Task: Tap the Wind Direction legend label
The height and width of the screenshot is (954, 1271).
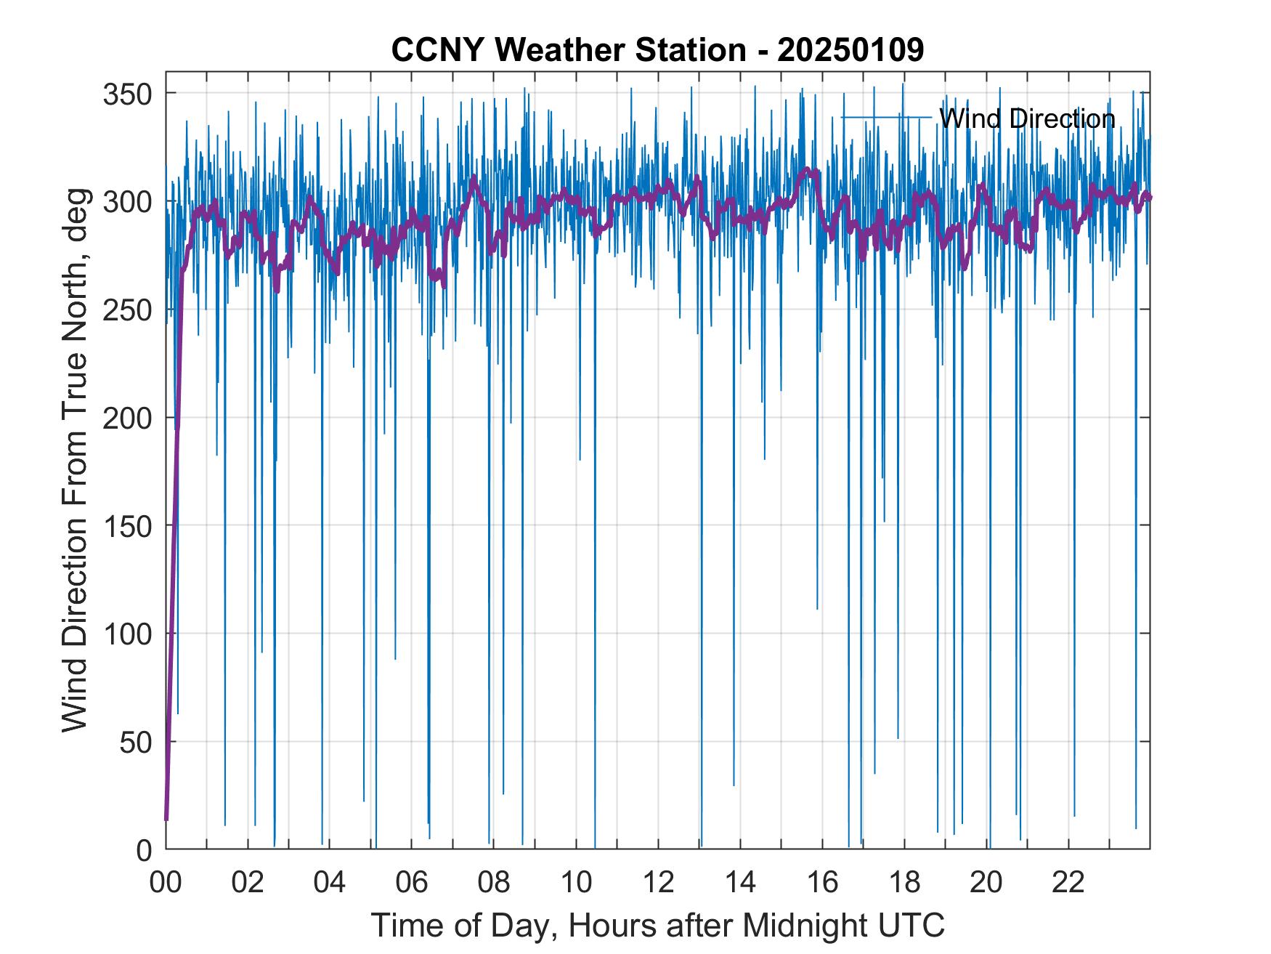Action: pyautogui.click(x=1027, y=118)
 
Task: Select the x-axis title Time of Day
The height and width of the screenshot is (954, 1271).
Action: pyautogui.click(x=658, y=925)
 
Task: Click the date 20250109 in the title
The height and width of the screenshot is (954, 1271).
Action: pyautogui.click(x=850, y=50)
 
